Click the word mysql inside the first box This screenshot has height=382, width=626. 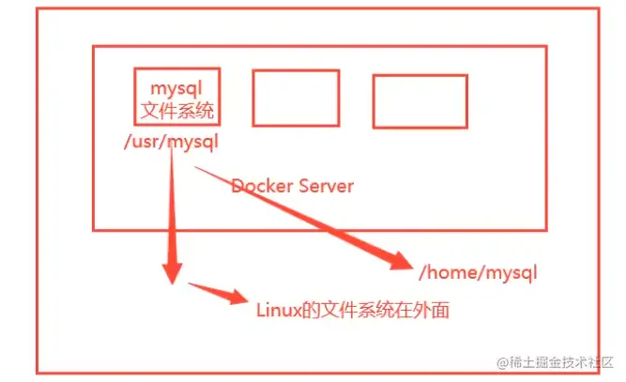click(177, 90)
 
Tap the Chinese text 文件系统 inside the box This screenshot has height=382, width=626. click(177, 112)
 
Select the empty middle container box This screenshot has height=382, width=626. click(296, 97)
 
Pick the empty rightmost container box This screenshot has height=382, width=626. click(420, 101)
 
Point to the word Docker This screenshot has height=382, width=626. click(262, 186)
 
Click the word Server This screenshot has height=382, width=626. click(327, 186)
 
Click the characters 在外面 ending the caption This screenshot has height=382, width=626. click(426, 310)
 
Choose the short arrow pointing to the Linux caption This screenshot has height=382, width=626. click(215, 292)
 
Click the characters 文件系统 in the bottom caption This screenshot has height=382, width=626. click(359, 310)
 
